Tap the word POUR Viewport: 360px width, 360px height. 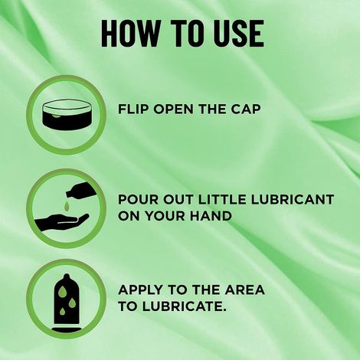click(138, 199)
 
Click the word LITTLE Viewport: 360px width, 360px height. click(225, 199)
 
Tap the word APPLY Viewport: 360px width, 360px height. click(141, 291)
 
